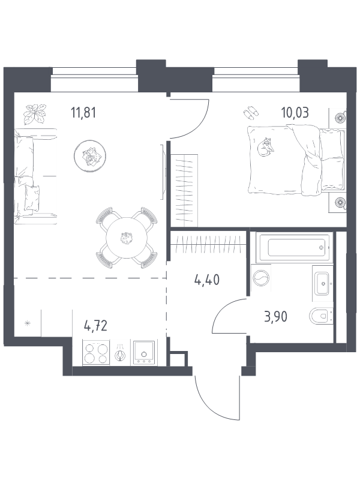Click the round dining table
125,239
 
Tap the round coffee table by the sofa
90,156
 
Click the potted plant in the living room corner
35,112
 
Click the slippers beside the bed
250,113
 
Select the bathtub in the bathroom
292,246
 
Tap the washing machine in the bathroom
261,279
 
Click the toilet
320,316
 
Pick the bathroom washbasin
322,282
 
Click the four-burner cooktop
95,352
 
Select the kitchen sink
144,352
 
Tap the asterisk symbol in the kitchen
27,325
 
